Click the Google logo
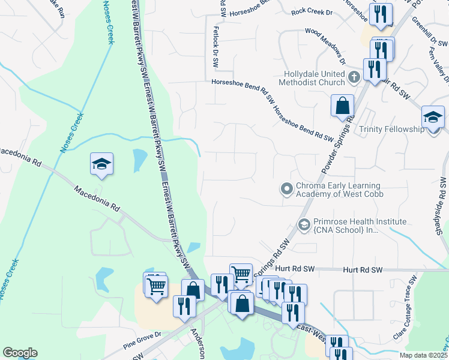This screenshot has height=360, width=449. (20, 353)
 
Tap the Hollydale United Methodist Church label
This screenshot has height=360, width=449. (314, 78)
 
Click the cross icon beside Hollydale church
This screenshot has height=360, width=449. (354, 76)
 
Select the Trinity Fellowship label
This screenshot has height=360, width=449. (391, 129)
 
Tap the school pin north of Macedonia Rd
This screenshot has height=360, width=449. (102, 164)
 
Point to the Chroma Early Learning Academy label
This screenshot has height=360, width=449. (339, 190)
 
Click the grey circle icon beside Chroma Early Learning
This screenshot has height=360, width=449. (287, 189)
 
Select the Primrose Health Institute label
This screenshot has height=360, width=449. (347, 226)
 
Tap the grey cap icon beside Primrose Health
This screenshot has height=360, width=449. (304, 225)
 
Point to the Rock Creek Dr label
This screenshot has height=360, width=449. (311, 11)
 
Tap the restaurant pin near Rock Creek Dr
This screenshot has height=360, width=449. (379, 15)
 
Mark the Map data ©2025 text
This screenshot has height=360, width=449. (423, 355)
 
